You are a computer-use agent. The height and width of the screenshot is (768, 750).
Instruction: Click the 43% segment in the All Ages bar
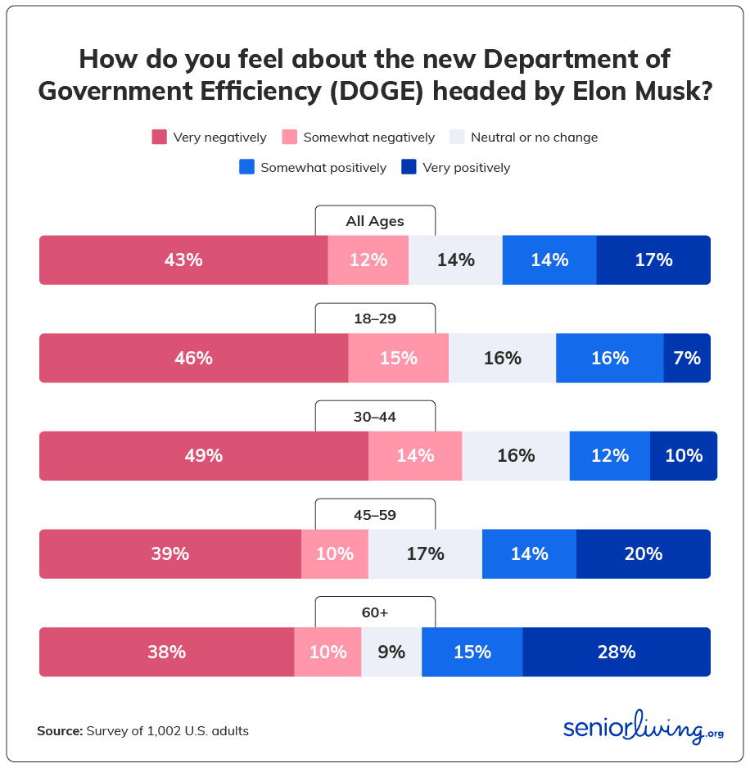(x=183, y=260)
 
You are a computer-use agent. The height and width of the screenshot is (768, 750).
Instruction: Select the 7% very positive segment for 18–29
(x=687, y=358)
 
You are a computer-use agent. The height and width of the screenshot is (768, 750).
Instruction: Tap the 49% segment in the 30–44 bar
(x=204, y=456)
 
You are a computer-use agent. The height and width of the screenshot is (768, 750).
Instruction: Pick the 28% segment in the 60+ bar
(x=617, y=652)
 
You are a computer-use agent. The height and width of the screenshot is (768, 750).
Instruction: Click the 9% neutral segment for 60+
(x=391, y=652)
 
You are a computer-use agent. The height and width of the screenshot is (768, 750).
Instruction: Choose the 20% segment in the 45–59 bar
(x=644, y=553)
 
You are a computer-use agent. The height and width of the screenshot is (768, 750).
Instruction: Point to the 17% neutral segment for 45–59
(x=425, y=553)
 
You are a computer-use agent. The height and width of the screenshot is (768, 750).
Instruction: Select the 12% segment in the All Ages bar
(x=368, y=260)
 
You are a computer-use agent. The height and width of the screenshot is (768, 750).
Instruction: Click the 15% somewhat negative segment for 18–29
(x=399, y=358)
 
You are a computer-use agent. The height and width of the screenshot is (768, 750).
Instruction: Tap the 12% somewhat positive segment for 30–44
(x=610, y=456)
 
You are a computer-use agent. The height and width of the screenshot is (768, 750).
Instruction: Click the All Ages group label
(x=375, y=221)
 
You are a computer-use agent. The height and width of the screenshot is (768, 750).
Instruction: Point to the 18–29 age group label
(x=375, y=318)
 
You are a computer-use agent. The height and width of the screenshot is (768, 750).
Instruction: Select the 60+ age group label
(x=375, y=612)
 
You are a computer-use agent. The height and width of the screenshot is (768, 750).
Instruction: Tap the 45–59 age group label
(x=375, y=514)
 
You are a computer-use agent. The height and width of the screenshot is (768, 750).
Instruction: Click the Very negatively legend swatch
(x=160, y=138)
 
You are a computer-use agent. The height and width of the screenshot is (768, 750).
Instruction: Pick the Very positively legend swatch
(x=409, y=167)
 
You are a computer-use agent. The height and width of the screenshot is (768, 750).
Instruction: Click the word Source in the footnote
(x=59, y=730)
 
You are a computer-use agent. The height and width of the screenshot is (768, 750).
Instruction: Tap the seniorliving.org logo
(x=643, y=728)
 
